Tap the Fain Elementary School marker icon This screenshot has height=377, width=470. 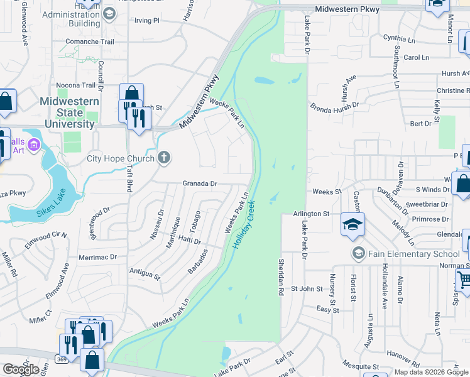coord(359,253)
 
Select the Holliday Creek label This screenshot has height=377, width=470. coord(244,224)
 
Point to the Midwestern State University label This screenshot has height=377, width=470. coord(69,112)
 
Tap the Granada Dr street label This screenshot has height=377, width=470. coord(199,184)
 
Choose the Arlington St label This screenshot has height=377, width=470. coord(311,214)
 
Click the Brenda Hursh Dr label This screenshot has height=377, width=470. coord(334,106)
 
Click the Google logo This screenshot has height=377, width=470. coord(20,369)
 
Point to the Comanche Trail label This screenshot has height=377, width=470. coord(90,42)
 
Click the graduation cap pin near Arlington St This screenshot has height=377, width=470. coord(353,224)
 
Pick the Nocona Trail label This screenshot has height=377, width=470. coord(75,85)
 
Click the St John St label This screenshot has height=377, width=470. coord(306,289)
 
